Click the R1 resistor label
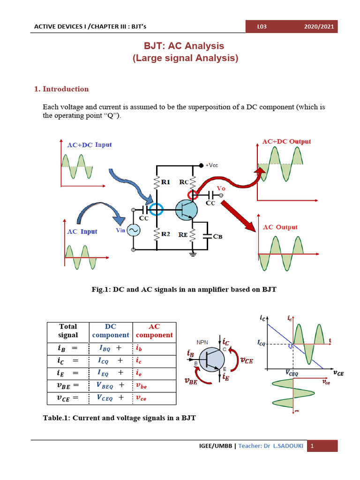pos(166,181)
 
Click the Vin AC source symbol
pos(134,231)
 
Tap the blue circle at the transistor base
pos(157,209)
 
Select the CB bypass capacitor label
pos(217,237)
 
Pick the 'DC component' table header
pos(111,330)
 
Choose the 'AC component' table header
pos(154,330)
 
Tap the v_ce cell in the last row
pos(141,398)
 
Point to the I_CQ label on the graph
pos(262,344)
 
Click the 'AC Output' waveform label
pos(280,227)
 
